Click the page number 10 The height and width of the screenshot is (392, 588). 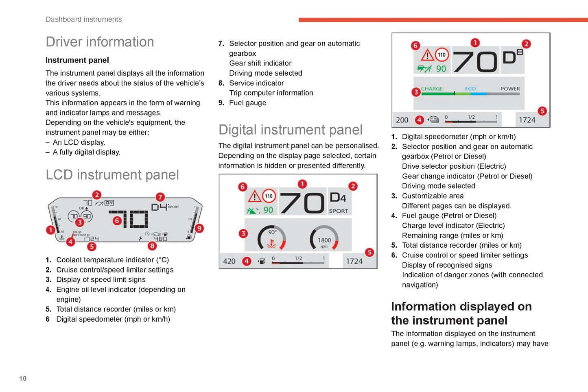pos(23,379)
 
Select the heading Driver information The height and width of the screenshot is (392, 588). pos(100,42)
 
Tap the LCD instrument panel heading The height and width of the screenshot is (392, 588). pos(112,175)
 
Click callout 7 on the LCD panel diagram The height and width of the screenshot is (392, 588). pos(160,197)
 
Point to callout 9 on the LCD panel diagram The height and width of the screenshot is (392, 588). pos(199,228)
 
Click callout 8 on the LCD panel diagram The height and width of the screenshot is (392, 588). pos(152,246)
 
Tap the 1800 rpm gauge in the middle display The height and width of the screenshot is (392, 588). pos(324,238)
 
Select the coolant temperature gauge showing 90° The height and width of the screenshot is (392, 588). pos(271,238)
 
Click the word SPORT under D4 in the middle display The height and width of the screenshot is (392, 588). pos(339,211)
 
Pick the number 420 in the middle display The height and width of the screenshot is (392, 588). pos(229,261)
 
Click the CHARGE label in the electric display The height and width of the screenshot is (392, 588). pos(432,89)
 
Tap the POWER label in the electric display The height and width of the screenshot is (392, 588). pos(510,89)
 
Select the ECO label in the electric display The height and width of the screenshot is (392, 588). pos(470,89)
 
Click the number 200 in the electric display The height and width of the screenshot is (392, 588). pos(402,120)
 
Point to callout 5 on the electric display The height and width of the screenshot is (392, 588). pos(542,111)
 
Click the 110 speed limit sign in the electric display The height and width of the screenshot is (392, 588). pos(442,54)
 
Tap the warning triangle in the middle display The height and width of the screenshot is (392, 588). pos(255,197)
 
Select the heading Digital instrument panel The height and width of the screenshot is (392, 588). pos(290,130)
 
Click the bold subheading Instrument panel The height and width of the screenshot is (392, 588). pos(77,60)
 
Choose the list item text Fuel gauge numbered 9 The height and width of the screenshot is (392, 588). pos(247,103)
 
